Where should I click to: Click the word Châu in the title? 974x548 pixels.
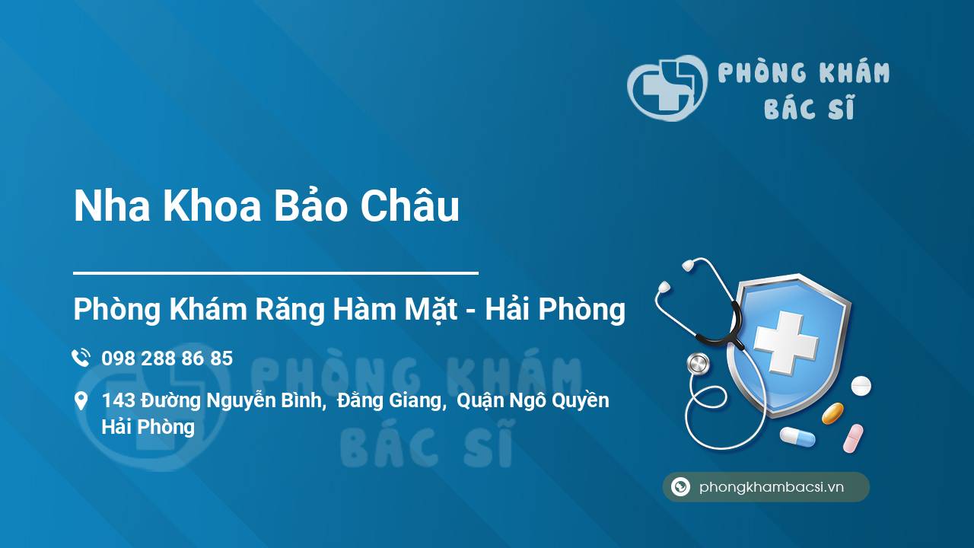tap(409, 205)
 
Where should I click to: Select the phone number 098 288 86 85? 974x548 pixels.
tap(167, 358)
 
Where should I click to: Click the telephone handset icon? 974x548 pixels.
tap(81, 358)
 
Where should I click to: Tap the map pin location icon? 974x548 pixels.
tap(81, 400)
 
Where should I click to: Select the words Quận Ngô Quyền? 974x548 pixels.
tap(533, 400)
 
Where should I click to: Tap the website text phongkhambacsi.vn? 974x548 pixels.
tap(772, 487)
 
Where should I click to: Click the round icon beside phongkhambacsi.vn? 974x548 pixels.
tap(680, 486)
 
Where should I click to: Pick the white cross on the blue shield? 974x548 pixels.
tap(785, 342)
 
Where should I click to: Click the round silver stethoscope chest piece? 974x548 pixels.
tap(698, 364)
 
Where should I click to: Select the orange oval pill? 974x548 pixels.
tap(832, 413)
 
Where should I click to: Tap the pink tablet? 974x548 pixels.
tap(853, 438)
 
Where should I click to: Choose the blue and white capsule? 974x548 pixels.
tap(797, 437)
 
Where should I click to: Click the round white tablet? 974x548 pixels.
tap(861, 386)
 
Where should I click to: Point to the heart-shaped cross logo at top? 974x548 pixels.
tap(667, 88)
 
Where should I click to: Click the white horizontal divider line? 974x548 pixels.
tap(275, 273)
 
